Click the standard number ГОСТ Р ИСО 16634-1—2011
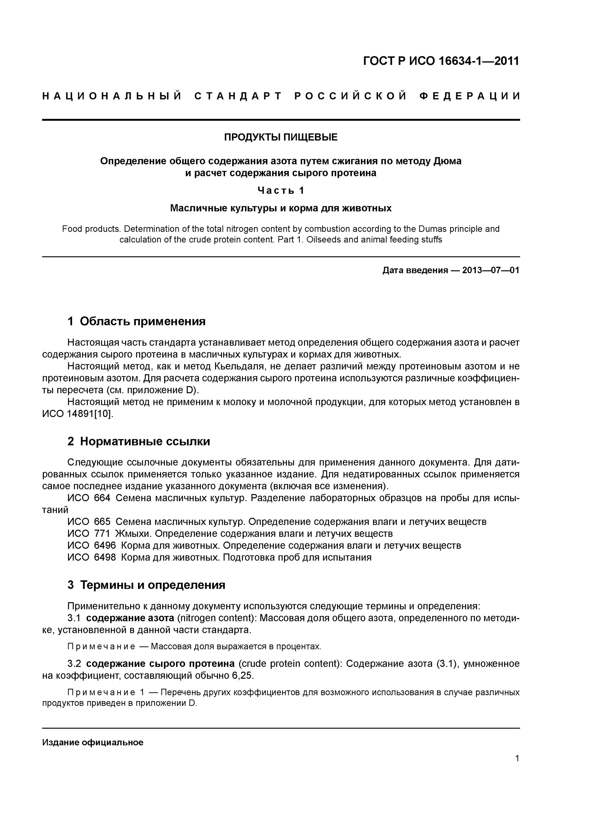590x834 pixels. click(441, 61)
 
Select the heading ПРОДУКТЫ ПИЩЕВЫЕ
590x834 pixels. click(281, 137)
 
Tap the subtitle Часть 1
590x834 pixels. click(281, 190)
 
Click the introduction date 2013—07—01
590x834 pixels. click(491, 270)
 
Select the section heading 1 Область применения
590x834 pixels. click(136, 321)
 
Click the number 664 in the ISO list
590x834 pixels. click(102, 498)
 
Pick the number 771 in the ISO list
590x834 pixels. click(102, 533)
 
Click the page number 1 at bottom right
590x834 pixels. click(517, 758)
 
